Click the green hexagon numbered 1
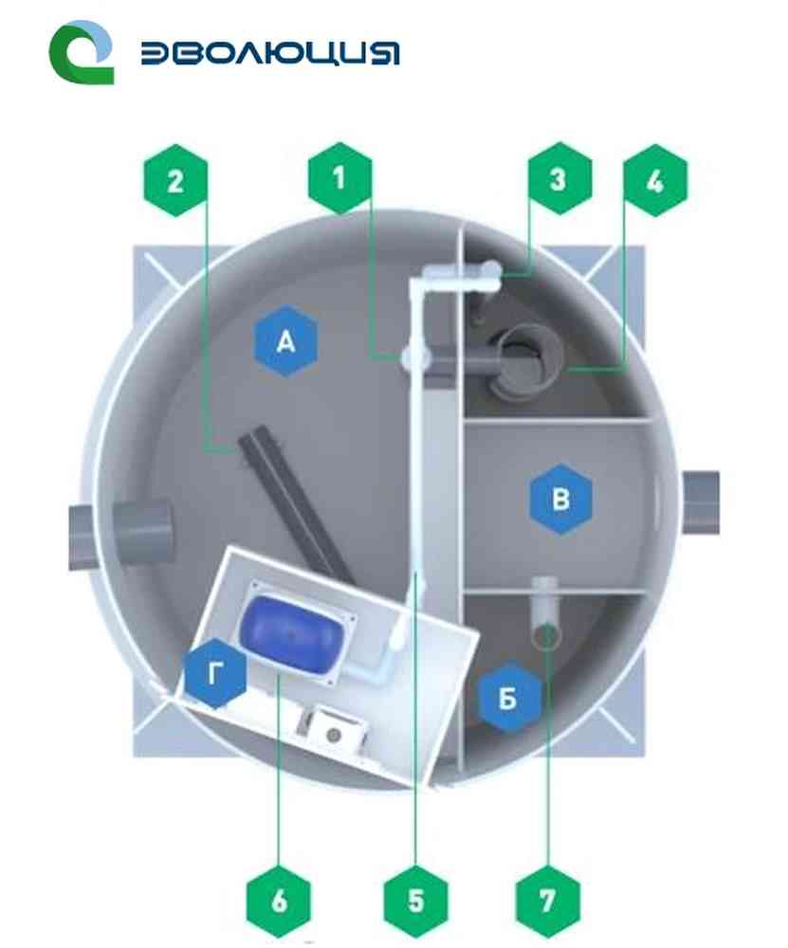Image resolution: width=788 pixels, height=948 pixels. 339,178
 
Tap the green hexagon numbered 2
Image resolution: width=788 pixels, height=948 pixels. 175,180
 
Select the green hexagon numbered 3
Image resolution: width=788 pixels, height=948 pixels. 559,178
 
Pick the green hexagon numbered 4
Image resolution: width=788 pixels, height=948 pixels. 655,180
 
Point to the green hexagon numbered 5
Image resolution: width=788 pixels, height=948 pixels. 416,901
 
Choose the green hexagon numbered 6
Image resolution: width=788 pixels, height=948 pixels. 279,901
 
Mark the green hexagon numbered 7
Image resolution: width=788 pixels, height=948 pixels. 548,901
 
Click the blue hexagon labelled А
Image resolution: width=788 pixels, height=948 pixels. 286,342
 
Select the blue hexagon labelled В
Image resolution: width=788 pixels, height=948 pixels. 560,500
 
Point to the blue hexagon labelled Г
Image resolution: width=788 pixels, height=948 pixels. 215,672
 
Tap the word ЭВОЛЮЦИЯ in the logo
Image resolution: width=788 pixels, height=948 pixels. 270,54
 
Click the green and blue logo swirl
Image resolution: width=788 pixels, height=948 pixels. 81,52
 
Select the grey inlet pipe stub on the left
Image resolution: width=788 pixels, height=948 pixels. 121,533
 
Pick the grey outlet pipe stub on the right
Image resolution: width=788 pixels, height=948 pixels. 701,502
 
